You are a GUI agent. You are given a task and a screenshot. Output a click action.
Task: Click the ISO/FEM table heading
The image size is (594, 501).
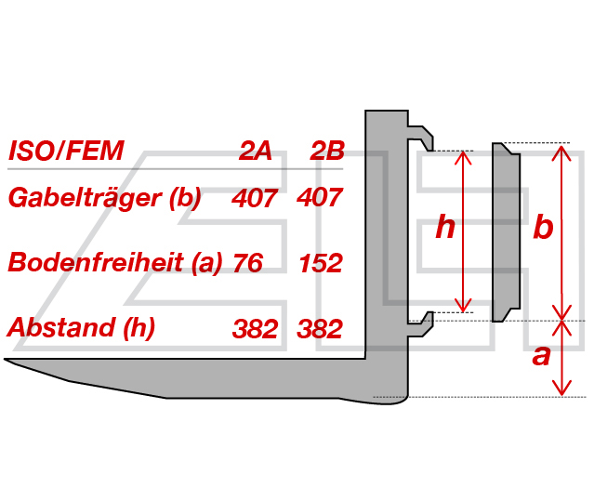(66, 151)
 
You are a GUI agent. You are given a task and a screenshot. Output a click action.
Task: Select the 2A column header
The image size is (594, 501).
(256, 151)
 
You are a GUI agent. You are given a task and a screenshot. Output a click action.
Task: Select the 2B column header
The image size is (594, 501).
(327, 151)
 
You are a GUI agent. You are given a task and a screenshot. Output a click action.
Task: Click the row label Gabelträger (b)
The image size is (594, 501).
(104, 198)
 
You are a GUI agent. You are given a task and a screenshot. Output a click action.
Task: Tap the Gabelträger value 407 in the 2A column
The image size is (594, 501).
(255, 198)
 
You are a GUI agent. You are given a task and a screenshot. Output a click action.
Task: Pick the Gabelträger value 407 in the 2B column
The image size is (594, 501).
(320, 198)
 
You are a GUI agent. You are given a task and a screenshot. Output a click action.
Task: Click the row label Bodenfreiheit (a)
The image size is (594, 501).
(115, 262)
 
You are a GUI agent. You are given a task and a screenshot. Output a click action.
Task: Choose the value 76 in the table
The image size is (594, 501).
(248, 263)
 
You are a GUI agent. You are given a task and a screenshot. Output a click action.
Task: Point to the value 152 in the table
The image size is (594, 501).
(321, 263)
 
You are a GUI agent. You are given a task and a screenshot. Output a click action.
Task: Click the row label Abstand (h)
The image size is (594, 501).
(82, 327)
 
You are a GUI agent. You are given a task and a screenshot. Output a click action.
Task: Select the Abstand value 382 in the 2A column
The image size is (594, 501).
(256, 328)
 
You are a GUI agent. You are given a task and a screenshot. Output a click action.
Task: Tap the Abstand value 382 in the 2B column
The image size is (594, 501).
(320, 328)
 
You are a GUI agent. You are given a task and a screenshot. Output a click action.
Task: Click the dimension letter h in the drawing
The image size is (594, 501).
(445, 227)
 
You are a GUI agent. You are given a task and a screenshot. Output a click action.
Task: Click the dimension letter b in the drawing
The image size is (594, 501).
(543, 227)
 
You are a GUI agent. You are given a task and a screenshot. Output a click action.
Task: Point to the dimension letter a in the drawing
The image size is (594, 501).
(541, 356)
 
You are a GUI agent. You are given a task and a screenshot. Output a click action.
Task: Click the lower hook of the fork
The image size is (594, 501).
(421, 324)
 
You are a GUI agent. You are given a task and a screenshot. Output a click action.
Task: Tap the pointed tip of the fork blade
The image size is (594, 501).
(6, 359)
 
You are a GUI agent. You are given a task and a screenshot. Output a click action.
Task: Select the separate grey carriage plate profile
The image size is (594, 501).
(506, 232)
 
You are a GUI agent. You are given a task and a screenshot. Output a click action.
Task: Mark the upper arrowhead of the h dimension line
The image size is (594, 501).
(463, 156)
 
